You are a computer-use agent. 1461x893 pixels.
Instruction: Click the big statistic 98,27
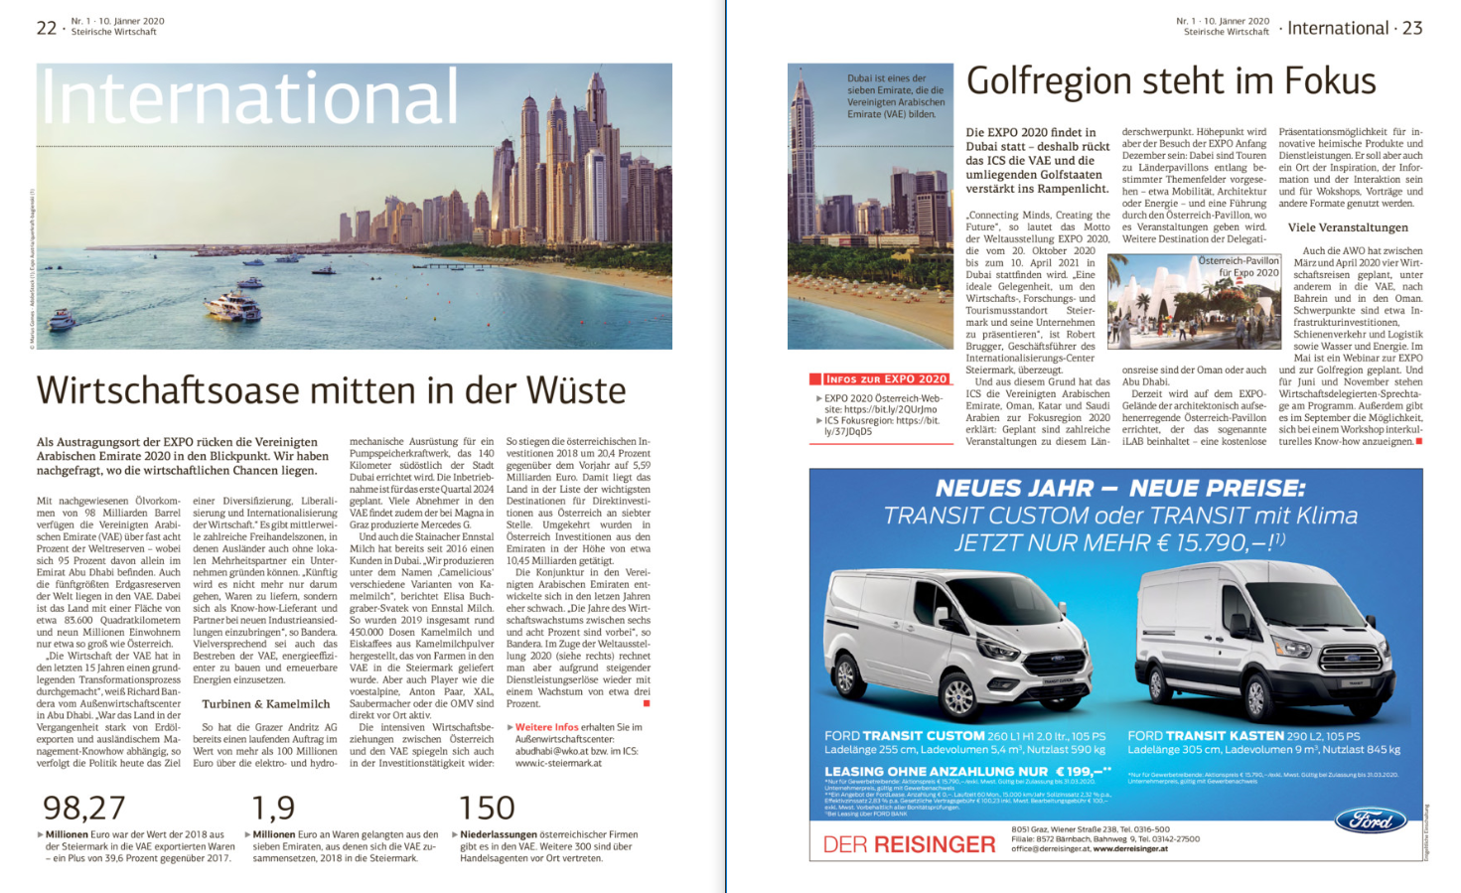tap(84, 808)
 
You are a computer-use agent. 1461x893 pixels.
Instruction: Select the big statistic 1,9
tap(273, 808)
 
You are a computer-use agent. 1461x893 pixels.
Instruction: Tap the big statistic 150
tap(487, 808)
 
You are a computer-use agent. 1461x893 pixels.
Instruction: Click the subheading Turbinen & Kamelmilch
tap(265, 703)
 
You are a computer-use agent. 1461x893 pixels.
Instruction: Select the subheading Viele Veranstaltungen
tap(1348, 227)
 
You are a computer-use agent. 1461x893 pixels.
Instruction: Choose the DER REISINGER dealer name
tap(909, 844)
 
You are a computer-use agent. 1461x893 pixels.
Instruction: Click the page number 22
tap(47, 28)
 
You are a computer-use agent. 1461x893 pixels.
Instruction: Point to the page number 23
tap(1412, 28)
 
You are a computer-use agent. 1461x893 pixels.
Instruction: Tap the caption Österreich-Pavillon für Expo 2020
tap(1239, 266)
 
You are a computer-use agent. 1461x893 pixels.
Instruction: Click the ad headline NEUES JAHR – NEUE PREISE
tap(1120, 488)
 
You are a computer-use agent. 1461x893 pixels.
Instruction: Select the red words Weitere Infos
tap(546, 727)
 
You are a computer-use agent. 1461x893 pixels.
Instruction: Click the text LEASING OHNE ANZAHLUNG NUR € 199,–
tap(966, 771)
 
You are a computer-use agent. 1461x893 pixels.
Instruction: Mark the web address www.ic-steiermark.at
tap(558, 763)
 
